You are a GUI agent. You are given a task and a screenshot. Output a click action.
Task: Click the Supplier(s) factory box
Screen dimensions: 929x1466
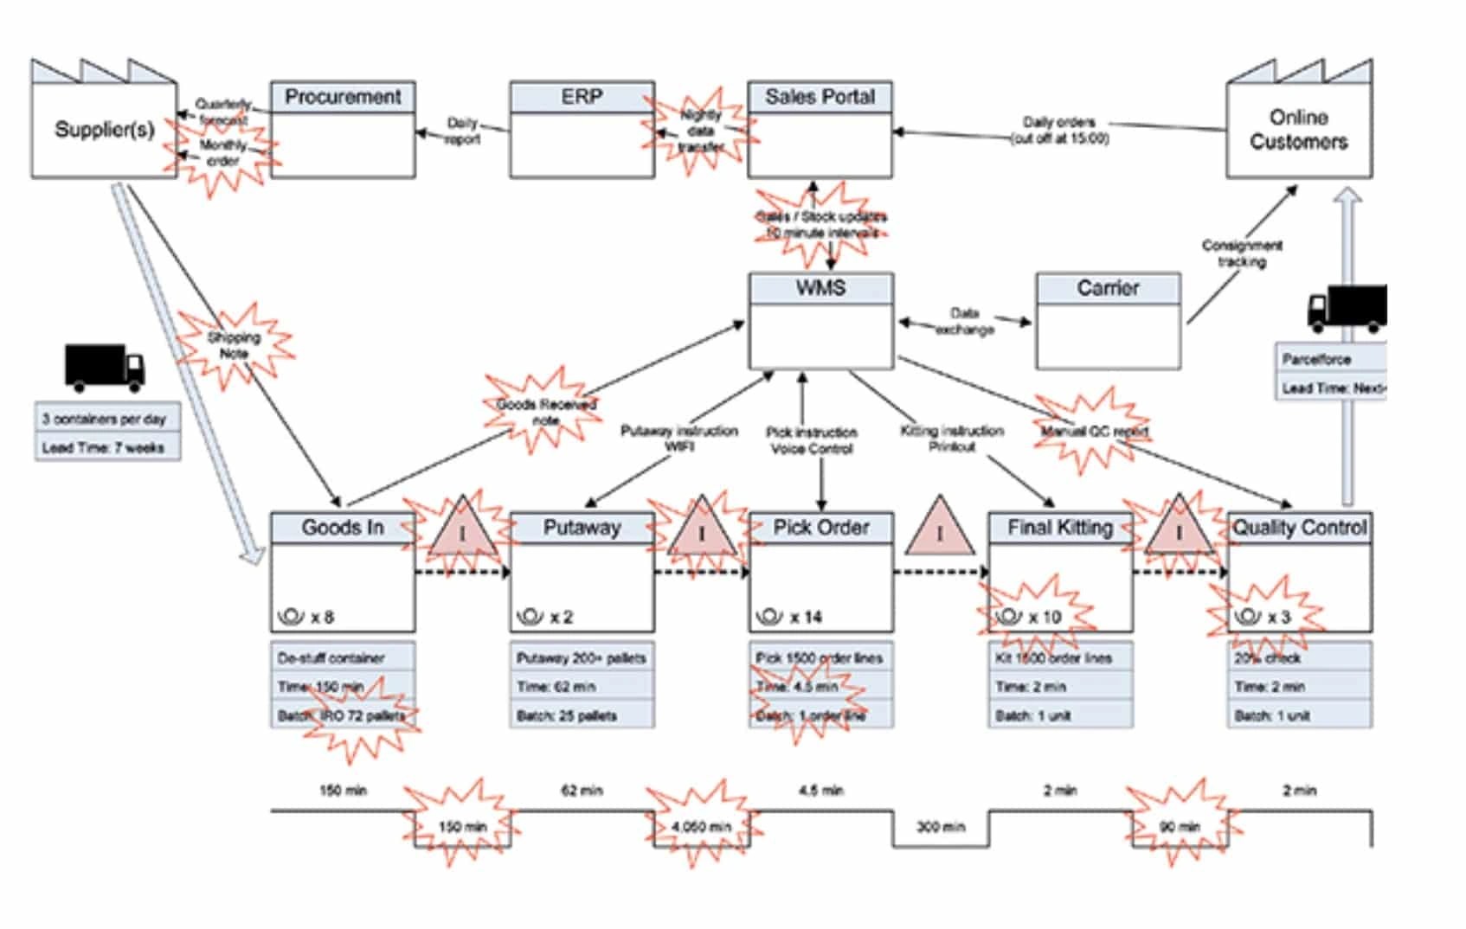coord(104,130)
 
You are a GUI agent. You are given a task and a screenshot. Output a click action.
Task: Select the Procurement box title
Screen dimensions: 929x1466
coord(343,97)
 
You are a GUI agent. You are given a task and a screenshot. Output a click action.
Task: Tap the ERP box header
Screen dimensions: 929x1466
coord(582,97)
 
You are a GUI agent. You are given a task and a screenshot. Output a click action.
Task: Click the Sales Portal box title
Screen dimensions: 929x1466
coord(820,97)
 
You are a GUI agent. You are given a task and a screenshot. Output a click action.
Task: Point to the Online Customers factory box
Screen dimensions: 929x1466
coord(1298,130)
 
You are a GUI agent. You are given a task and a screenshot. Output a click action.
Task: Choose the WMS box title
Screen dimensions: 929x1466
coord(820,288)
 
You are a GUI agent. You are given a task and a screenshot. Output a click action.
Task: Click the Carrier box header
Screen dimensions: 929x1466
coord(1108,288)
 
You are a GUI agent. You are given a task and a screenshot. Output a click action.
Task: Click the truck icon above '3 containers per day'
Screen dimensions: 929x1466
coord(105,367)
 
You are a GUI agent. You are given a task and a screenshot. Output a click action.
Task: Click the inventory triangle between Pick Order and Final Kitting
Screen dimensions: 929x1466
coord(940,529)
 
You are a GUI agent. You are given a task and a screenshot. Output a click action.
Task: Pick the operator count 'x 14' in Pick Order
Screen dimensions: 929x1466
coord(805,617)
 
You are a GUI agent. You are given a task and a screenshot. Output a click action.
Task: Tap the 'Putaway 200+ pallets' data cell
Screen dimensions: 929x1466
coord(582,658)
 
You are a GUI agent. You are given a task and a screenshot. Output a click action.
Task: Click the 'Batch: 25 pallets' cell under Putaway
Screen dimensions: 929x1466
coord(582,716)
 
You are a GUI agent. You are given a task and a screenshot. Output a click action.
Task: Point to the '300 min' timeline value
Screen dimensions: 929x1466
coord(941,827)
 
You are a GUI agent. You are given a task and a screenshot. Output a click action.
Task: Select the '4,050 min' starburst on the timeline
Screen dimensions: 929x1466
coord(701,826)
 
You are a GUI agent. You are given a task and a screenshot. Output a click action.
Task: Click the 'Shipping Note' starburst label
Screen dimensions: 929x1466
coord(234,345)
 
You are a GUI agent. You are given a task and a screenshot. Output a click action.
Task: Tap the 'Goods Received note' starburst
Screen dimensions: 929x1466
coord(545,412)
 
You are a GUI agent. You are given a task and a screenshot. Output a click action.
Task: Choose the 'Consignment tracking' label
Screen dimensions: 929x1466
coord(1242,253)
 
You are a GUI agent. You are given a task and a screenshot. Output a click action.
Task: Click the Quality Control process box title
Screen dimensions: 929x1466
coord(1299,528)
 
